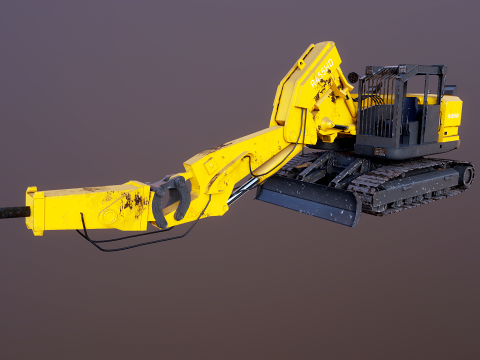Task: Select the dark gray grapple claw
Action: coord(170,198)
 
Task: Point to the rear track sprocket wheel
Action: coord(466,176)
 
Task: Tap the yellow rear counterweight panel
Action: coord(451,118)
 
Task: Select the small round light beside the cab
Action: coord(352,77)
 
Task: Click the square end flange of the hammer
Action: coord(35,210)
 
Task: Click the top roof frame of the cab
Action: coord(404,70)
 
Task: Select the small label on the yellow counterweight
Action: coord(452,115)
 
